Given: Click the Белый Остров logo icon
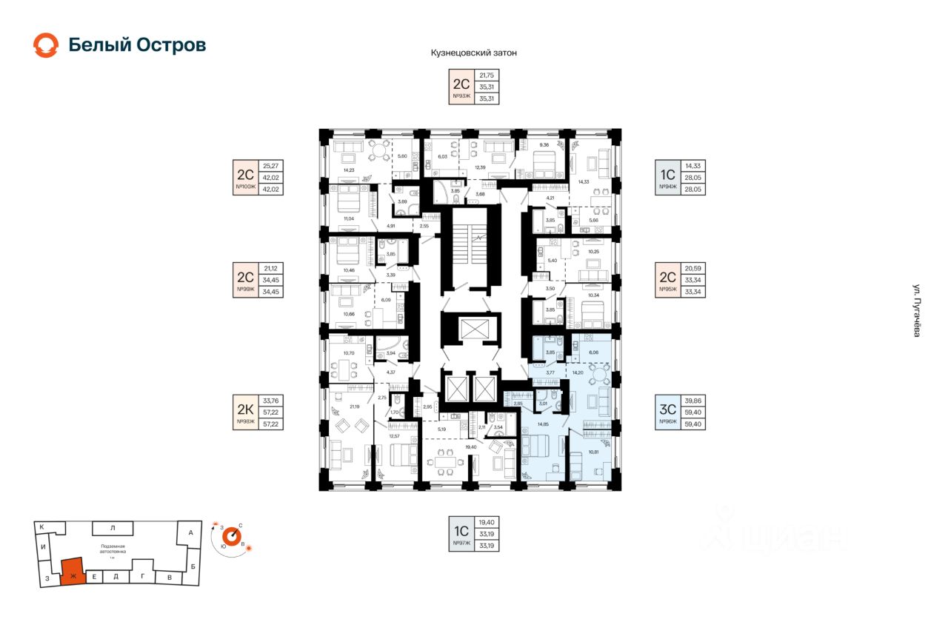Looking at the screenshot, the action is [45, 45].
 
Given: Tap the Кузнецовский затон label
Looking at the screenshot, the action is [473, 53].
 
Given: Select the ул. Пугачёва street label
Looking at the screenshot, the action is [916, 311].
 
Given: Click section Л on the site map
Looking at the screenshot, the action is [112, 528].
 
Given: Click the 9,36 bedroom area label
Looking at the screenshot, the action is [543, 145].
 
